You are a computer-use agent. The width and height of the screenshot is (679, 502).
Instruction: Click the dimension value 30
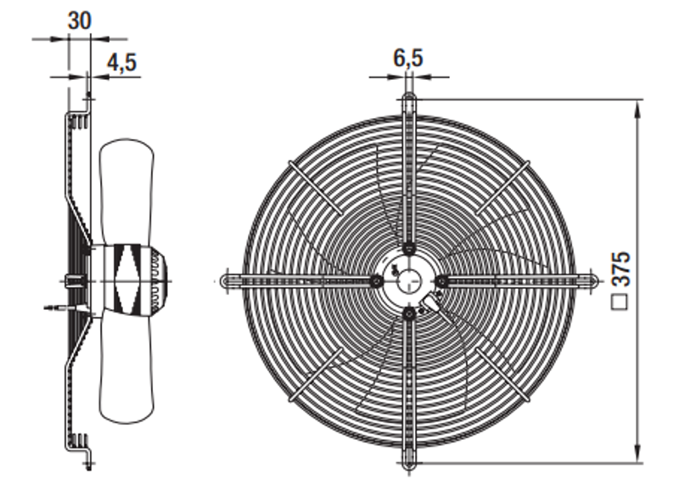[80, 20]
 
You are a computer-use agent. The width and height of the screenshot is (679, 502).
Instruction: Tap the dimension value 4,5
[121, 62]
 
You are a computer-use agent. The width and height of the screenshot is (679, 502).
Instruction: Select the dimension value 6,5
[408, 58]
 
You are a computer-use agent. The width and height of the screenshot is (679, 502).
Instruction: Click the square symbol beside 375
[620, 302]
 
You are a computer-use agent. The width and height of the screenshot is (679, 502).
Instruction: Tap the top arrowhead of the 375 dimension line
[637, 110]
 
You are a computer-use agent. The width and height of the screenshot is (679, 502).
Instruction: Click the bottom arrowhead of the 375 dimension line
[637, 454]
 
